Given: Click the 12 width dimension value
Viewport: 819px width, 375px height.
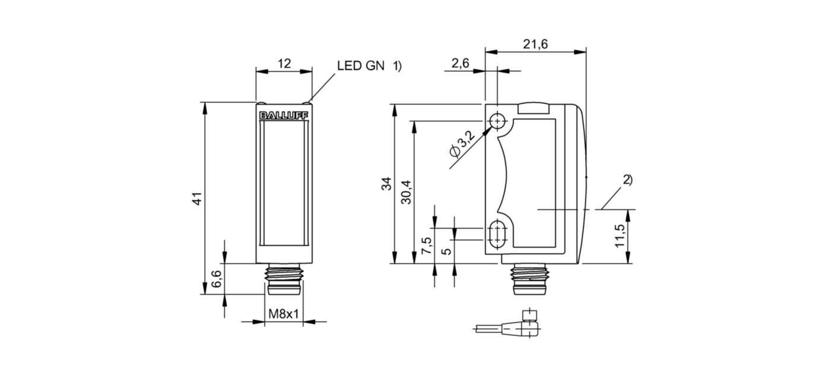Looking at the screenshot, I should pos(284,63).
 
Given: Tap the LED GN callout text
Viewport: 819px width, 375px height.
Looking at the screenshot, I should pos(361,66).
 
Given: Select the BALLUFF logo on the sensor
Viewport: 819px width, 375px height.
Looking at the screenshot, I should pos(284,116).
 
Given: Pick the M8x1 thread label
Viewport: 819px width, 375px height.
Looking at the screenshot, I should pos(284,314).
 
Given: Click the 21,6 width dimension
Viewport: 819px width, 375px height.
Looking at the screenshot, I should pos(535,44).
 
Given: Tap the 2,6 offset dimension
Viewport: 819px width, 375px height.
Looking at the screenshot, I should pos(461,62).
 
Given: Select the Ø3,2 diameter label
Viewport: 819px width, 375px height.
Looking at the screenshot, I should pos(462,145).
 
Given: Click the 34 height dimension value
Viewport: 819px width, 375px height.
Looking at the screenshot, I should pos(386,184).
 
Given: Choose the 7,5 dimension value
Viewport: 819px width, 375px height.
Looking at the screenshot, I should pos(426,245).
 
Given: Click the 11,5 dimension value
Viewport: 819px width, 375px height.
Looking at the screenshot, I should pos(620,236).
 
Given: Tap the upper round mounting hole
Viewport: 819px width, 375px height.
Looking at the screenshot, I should pos(497,121).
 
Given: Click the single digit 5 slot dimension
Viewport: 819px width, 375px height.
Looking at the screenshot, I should pos(448,251).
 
